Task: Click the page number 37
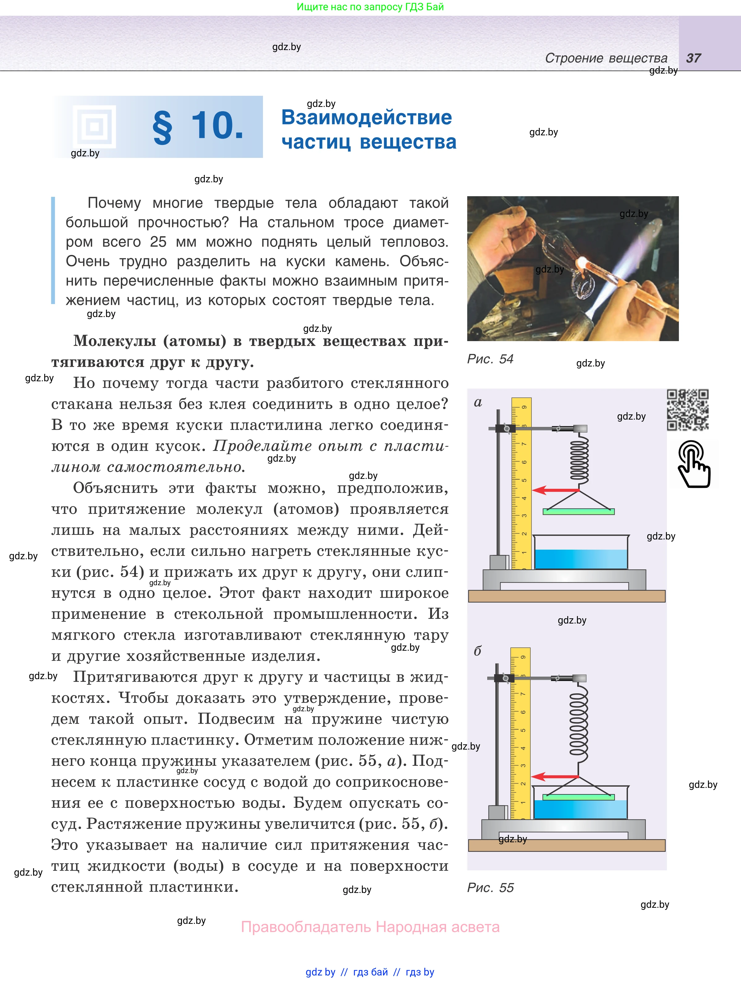click(x=693, y=58)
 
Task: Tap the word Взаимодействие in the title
click(x=366, y=117)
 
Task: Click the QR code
click(x=687, y=410)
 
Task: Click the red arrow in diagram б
click(x=554, y=776)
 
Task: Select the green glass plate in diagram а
click(x=579, y=511)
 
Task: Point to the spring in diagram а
click(x=579, y=459)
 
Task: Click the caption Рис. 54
click(x=490, y=359)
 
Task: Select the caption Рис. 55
click(x=490, y=887)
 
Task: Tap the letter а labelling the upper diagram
click(x=478, y=402)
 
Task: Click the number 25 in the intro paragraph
click(x=158, y=242)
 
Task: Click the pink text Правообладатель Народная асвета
click(x=370, y=927)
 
